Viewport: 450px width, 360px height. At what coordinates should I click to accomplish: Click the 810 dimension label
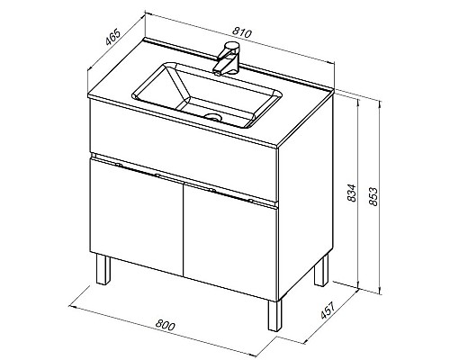pyautogui.click(x=241, y=32)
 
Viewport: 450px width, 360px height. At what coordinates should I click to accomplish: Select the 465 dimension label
pyautogui.click(x=113, y=37)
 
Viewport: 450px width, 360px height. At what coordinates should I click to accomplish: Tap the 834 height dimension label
pyautogui.click(x=352, y=193)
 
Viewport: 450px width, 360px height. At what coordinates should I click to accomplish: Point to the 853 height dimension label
pyautogui.click(x=373, y=196)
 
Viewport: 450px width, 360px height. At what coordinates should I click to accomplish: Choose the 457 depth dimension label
pyautogui.click(x=327, y=310)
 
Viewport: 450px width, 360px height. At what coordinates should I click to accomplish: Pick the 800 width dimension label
pyautogui.click(x=165, y=325)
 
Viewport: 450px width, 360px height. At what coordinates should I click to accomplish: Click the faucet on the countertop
pyautogui.click(x=227, y=58)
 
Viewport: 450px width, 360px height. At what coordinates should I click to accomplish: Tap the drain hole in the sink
pyautogui.click(x=212, y=116)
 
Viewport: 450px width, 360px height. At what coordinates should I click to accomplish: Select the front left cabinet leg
pyautogui.click(x=103, y=269)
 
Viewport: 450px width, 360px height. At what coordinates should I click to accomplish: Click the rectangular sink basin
pyautogui.click(x=207, y=94)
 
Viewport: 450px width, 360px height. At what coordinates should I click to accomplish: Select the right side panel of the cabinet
pyautogui.click(x=306, y=197)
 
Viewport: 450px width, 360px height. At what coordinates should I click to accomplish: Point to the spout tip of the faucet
pyautogui.click(x=217, y=72)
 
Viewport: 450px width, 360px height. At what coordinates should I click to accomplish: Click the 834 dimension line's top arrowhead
pyautogui.click(x=358, y=101)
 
